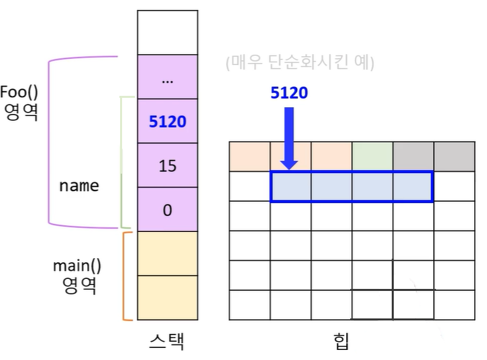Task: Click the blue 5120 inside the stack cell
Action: pos(167,122)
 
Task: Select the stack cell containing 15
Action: pos(167,166)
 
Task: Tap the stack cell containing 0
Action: pos(167,210)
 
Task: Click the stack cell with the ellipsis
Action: pos(167,78)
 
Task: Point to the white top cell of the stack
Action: pos(167,33)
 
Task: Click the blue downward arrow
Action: pos(289,137)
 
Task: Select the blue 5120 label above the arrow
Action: pos(289,93)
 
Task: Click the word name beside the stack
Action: pos(78,186)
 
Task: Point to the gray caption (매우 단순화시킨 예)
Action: pos(301,64)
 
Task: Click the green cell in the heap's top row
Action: pos(372,156)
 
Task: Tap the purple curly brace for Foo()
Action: pos(50,141)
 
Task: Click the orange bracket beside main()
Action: pos(125,275)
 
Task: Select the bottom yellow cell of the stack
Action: pos(167,298)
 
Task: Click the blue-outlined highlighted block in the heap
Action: pos(351,186)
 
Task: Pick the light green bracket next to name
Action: pos(122,161)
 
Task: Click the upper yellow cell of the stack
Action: pos(167,253)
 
